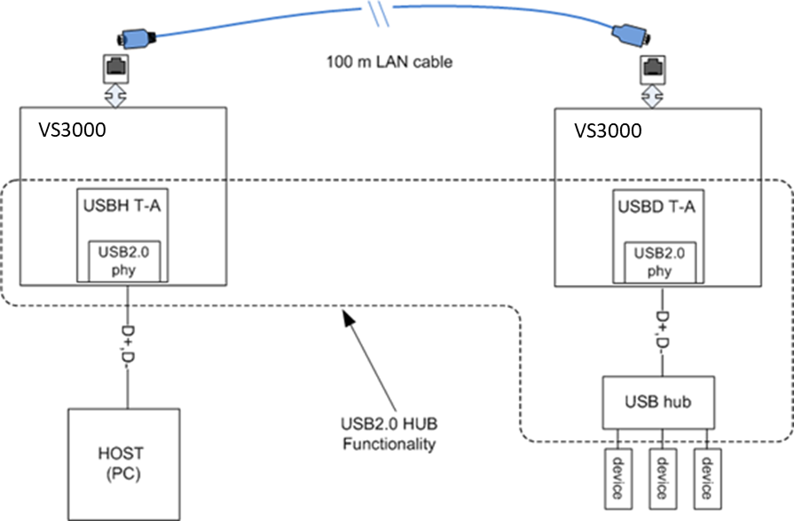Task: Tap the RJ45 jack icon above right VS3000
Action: coord(652,67)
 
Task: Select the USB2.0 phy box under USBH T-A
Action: coord(124,262)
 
